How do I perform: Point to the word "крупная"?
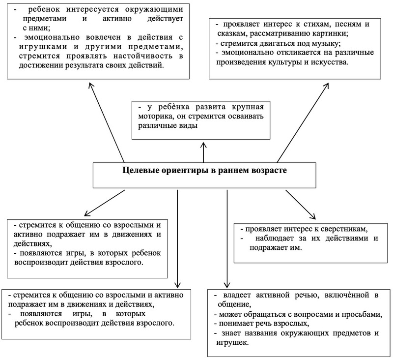[248, 107]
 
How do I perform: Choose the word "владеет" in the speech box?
[235, 295]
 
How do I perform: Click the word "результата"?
[83, 65]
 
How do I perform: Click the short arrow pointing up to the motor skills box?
[203, 152]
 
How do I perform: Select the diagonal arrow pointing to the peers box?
[301, 205]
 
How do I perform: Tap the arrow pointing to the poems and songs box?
[303, 123]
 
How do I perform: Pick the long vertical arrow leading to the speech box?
[227, 239]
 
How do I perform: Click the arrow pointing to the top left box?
[106, 122]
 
